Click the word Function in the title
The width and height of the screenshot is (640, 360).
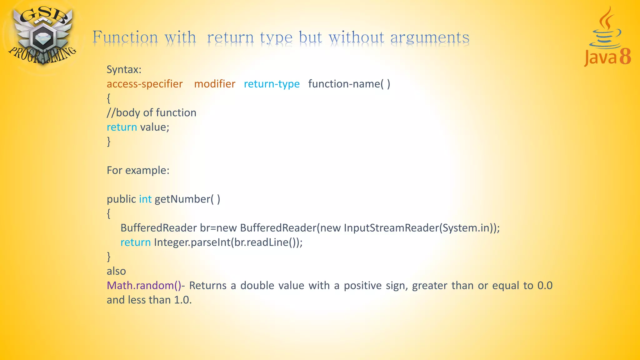(x=125, y=37)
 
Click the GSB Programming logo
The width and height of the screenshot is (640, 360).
(x=42, y=36)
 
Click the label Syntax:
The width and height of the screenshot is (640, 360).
(x=124, y=69)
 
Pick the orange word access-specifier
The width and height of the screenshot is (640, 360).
(x=144, y=84)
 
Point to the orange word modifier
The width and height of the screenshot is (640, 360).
(x=214, y=84)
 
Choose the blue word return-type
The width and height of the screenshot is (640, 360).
(x=272, y=84)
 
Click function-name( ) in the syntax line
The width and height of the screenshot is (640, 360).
(x=349, y=84)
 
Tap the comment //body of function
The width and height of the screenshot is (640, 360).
(x=151, y=113)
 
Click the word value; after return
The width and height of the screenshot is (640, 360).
(x=154, y=127)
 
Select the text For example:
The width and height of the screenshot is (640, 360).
(x=138, y=170)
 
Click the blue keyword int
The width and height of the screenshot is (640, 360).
(x=145, y=199)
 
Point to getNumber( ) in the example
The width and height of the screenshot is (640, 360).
(x=187, y=199)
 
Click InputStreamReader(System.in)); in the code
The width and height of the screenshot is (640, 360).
(x=422, y=228)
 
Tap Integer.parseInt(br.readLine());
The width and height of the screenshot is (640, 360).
(x=228, y=242)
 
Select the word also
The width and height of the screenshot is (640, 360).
(x=116, y=271)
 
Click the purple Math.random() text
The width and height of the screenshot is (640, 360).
(x=144, y=285)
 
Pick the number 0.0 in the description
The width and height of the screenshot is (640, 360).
(x=545, y=285)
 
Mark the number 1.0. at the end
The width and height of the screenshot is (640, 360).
(x=182, y=300)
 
